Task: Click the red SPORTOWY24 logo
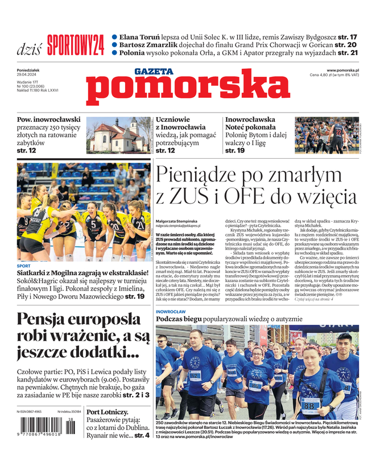click(76, 44)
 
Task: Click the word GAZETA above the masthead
click(154, 72)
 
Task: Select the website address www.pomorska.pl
click(346, 70)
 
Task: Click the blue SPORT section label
click(23, 266)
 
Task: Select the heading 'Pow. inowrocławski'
click(49, 120)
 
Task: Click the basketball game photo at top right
click(327, 135)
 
